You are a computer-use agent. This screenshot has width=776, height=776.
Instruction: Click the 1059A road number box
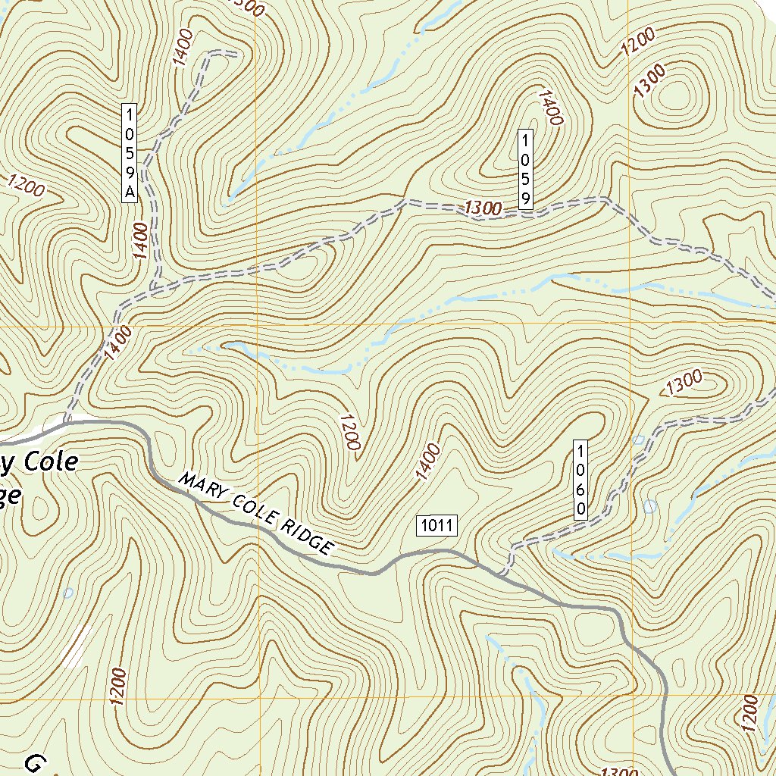pyautogui.click(x=130, y=152)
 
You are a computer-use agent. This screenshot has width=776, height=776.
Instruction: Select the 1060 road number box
pyautogui.click(x=580, y=479)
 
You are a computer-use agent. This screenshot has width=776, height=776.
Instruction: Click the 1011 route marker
pyautogui.click(x=437, y=525)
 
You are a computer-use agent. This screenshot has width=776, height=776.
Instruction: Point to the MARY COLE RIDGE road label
pyautogui.click(x=257, y=513)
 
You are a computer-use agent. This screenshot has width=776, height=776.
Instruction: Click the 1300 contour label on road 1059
pyautogui.click(x=483, y=208)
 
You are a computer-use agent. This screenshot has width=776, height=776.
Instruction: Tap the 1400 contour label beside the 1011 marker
pyautogui.click(x=427, y=462)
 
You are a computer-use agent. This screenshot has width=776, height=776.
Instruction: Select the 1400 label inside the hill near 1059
pyautogui.click(x=550, y=107)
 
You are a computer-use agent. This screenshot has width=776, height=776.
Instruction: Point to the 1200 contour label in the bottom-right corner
pyautogui.click(x=749, y=712)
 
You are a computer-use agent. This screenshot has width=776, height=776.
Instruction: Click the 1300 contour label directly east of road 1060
pyautogui.click(x=684, y=382)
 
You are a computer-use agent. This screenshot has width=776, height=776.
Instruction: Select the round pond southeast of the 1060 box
pyautogui.click(x=649, y=505)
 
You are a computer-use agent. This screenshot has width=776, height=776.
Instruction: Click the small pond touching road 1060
pyautogui.click(x=638, y=440)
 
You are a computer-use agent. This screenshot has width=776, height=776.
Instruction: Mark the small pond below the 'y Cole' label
pyautogui.click(x=68, y=593)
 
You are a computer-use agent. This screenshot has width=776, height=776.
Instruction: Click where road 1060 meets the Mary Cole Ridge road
pyautogui.click(x=502, y=574)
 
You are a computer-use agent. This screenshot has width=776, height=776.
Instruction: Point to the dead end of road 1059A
pyautogui.click(x=235, y=54)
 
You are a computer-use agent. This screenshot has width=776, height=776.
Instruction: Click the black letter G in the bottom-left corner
pyautogui.click(x=34, y=762)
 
